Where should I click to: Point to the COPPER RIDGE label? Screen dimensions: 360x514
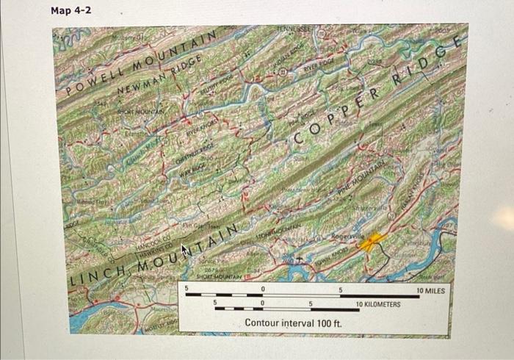378,96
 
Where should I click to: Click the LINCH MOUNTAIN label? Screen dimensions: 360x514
158,256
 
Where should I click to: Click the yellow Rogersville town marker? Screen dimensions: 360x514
371,242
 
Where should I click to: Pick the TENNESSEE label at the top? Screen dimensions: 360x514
292,29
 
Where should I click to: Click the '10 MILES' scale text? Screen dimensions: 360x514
430,291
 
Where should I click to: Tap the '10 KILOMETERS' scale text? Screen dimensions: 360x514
377,303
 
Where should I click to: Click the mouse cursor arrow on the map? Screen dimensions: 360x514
185,253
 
